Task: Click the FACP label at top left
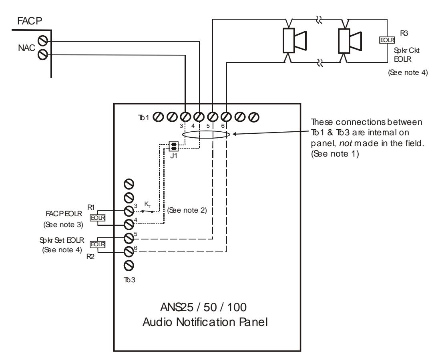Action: [x=30, y=21]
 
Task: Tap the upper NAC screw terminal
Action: [x=42, y=40]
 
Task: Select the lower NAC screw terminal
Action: [x=42, y=54]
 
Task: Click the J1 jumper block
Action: [x=174, y=146]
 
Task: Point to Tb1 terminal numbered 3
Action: [x=185, y=117]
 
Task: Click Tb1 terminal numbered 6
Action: [x=226, y=117]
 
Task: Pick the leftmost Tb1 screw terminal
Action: [x=158, y=117]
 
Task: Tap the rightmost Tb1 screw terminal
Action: [x=253, y=117]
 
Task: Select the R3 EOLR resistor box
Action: [x=387, y=40]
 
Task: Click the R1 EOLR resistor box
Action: [x=98, y=218]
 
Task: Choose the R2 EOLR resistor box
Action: [x=98, y=244]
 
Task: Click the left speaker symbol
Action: [x=294, y=40]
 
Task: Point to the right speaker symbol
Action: [x=350, y=40]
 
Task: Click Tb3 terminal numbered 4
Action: [x=129, y=224]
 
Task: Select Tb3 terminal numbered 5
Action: [x=129, y=238]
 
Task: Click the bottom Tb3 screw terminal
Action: [x=129, y=265]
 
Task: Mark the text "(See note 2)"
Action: [x=187, y=210]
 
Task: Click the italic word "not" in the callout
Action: [x=346, y=143]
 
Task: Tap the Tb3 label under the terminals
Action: [x=130, y=280]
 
